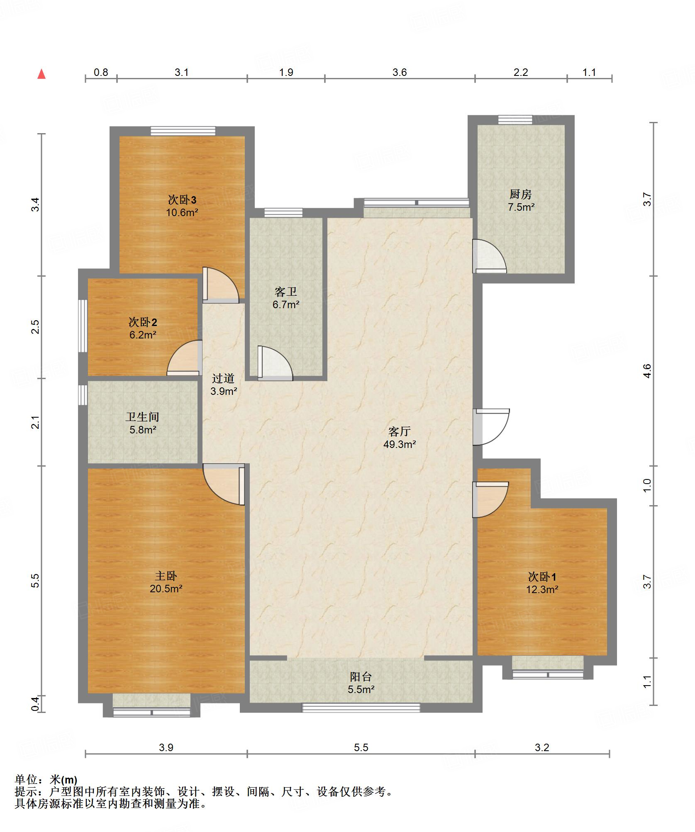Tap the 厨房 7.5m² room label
(x=521, y=200)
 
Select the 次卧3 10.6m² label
(x=182, y=206)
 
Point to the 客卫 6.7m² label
(x=286, y=298)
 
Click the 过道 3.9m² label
(x=224, y=384)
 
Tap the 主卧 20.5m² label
(x=166, y=582)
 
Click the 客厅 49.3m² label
(x=400, y=438)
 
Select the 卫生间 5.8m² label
(x=143, y=423)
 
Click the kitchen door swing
(x=490, y=256)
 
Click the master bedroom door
(x=224, y=484)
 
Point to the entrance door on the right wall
(x=491, y=427)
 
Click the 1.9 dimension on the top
(x=286, y=73)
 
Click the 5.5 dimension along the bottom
(x=361, y=747)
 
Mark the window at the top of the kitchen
(x=515, y=120)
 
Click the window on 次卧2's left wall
(x=83, y=326)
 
